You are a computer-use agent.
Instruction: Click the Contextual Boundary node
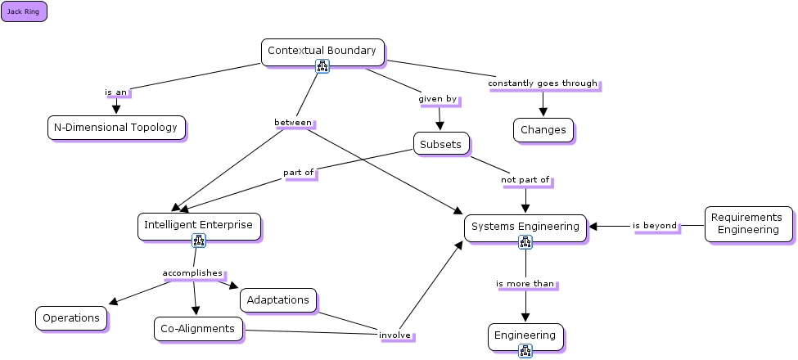[x=322, y=51]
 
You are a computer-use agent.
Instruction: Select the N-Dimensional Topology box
[x=115, y=128]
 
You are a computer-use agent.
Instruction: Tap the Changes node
[x=543, y=129]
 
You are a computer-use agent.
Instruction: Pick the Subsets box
[x=440, y=145]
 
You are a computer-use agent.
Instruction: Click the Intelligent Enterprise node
[x=199, y=225]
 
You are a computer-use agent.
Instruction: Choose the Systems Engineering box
[x=525, y=227]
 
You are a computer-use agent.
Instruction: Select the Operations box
[x=71, y=318]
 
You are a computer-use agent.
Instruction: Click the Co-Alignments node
[x=199, y=329]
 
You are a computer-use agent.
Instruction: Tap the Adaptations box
[x=278, y=300]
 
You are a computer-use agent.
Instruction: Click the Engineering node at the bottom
[x=525, y=335]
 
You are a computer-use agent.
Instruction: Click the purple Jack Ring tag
[x=24, y=12]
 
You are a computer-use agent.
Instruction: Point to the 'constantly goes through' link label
[x=543, y=83]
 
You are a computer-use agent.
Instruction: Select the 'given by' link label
[x=438, y=99]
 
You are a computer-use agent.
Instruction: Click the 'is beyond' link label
[x=655, y=226]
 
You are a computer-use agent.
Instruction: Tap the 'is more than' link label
[x=525, y=284]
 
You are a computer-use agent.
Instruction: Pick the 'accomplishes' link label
[x=192, y=272]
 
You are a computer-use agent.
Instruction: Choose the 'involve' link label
[x=394, y=335]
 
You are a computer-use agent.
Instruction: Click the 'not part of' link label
[x=525, y=179]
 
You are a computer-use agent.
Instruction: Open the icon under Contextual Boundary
[x=322, y=67]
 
